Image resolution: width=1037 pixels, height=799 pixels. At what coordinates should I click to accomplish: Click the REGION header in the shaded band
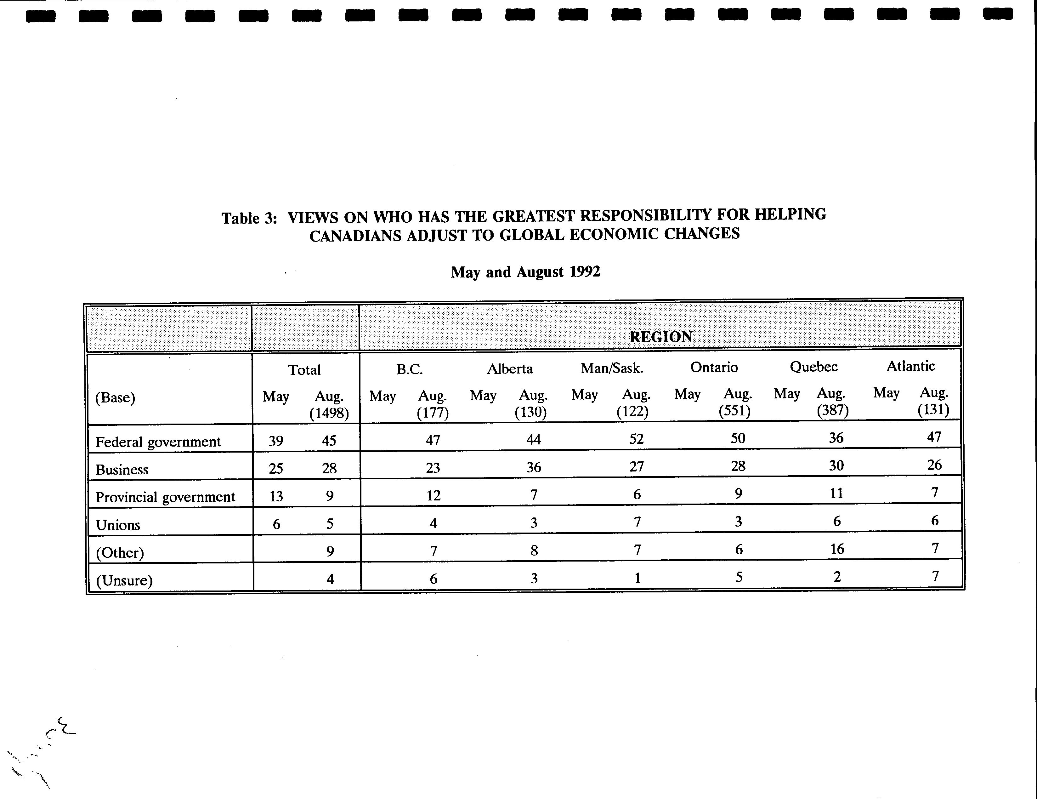pyautogui.click(x=660, y=337)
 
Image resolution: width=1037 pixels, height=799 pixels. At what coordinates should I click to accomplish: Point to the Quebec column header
pyautogui.click(x=813, y=367)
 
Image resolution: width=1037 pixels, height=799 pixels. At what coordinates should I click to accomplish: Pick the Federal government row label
pyautogui.click(x=158, y=442)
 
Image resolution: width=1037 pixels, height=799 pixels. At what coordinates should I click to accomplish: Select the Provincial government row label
pyautogui.click(x=165, y=497)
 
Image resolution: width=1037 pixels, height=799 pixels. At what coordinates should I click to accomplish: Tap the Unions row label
pyautogui.click(x=118, y=525)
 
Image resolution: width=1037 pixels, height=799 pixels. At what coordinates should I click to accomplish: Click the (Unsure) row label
pyautogui.click(x=124, y=580)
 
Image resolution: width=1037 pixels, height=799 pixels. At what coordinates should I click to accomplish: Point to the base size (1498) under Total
pyautogui.click(x=329, y=413)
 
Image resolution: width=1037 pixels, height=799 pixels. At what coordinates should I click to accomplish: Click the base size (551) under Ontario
pyautogui.click(x=734, y=410)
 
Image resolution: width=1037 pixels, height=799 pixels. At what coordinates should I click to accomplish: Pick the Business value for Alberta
pyautogui.click(x=534, y=467)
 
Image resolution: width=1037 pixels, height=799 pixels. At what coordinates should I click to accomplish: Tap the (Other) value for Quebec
pyautogui.click(x=837, y=549)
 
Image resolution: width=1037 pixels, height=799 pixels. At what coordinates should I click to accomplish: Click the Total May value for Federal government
pyautogui.click(x=276, y=441)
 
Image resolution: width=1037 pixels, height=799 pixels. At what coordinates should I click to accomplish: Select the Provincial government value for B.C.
pyautogui.click(x=433, y=495)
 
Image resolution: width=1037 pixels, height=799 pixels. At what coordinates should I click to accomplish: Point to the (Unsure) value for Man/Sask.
pyautogui.click(x=637, y=578)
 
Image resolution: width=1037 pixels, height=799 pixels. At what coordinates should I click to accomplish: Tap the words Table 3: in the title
pyautogui.click(x=249, y=218)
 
